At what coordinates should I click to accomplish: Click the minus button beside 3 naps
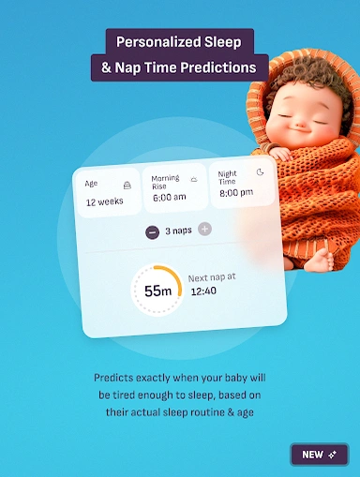152,231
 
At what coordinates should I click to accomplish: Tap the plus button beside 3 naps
204,230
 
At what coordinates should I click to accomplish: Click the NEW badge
319,455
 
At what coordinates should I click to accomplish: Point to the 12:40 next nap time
203,291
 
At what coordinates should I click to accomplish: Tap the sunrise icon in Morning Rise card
194,177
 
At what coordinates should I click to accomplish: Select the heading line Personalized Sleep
179,42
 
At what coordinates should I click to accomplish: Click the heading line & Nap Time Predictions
179,67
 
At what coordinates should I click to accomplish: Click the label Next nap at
212,278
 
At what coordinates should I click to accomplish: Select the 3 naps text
178,231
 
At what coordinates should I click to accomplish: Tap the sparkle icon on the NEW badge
333,455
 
